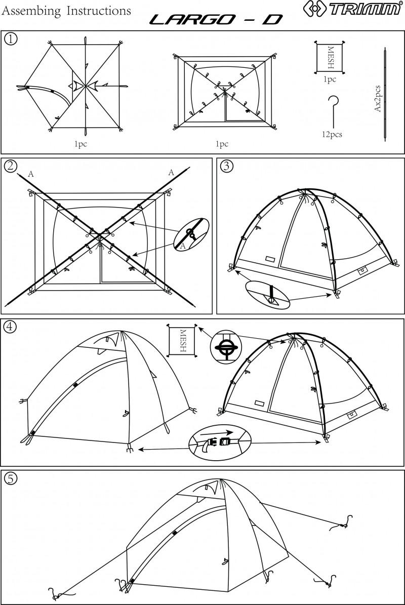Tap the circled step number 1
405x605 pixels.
(x=10, y=39)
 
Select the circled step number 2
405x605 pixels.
(x=10, y=166)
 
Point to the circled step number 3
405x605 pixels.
(x=226, y=166)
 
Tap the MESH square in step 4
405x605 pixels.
(x=182, y=340)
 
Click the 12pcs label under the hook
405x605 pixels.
(x=332, y=135)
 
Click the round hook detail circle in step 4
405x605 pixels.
(x=226, y=347)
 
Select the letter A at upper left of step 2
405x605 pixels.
(x=31, y=174)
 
